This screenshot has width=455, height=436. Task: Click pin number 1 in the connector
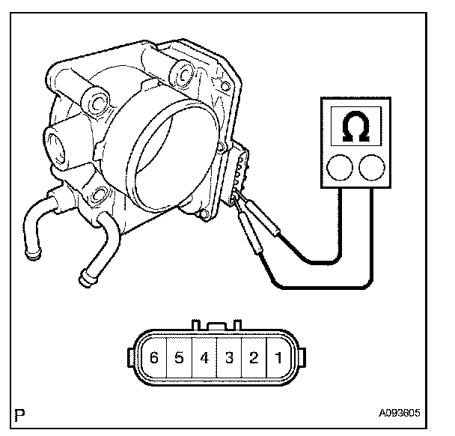[278, 359]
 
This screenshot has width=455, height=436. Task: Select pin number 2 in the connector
[254, 359]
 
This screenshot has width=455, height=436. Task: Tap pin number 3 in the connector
[229, 359]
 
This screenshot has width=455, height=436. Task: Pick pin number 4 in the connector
[204, 359]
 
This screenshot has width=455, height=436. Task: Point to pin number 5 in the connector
[179, 359]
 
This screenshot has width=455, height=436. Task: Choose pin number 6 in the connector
[154, 359]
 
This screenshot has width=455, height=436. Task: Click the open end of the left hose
[32, 256]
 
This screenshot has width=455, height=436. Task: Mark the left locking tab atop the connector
[196, 325]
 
